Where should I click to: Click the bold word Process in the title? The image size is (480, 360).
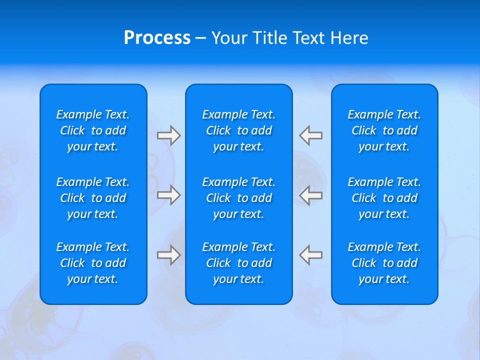(157, 38)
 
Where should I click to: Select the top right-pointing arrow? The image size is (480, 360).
(168, 135)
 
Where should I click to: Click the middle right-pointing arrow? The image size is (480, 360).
(168, 195)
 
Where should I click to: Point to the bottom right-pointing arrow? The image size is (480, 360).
(168, 255)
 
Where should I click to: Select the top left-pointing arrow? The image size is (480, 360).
(311, 135)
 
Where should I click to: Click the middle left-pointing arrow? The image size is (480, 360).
(311, 195)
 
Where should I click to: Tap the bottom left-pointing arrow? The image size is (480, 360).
(311, 255)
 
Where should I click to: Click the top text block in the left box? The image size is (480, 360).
(93, 130)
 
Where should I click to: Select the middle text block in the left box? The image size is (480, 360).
(93, 198)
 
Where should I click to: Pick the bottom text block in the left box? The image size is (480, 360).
(93, 263)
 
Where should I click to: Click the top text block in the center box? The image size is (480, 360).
(239, 130)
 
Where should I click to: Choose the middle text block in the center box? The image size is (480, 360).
(239, 198)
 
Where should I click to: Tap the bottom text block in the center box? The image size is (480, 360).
(239, 263)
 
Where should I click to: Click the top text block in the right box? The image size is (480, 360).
(384, 130)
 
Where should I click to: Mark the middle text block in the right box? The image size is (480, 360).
(384, 198)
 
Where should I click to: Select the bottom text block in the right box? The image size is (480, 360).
(384, 263)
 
